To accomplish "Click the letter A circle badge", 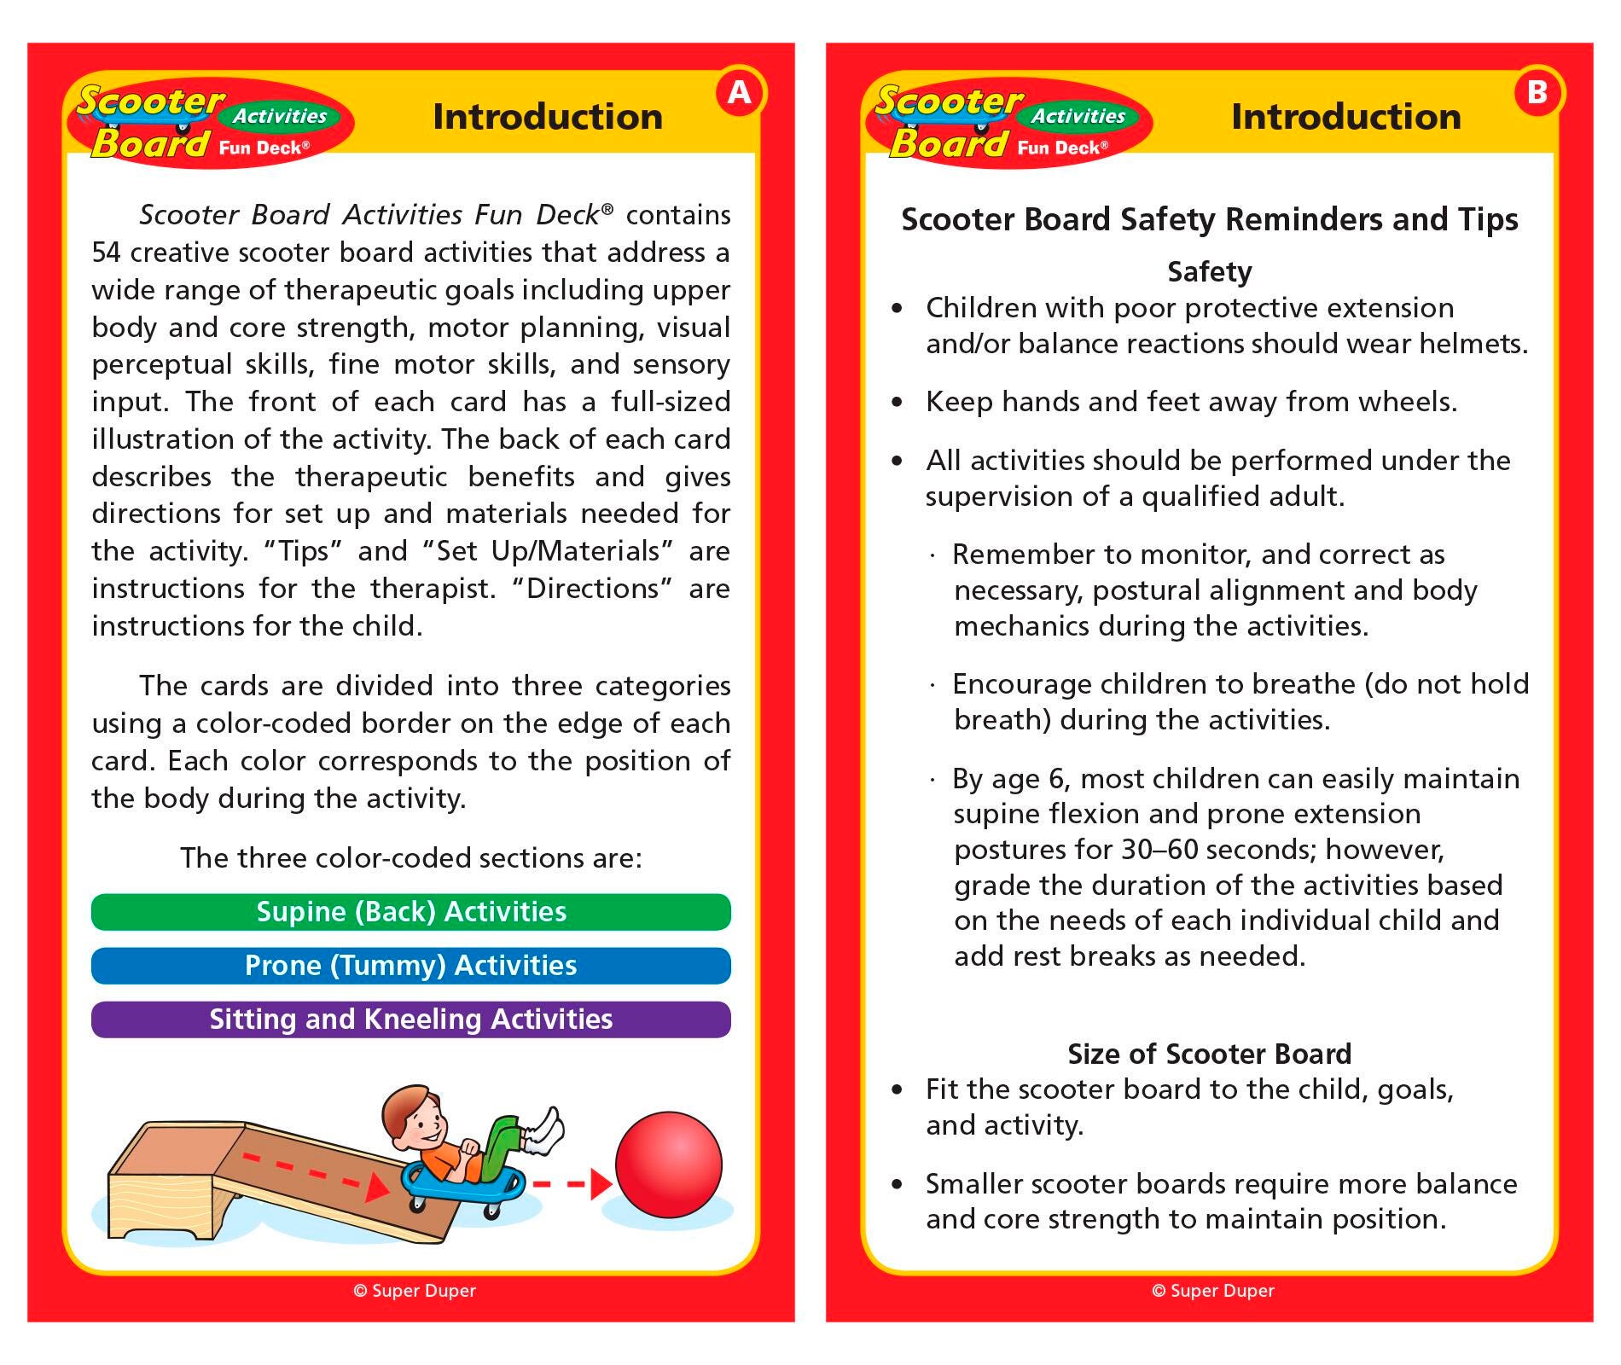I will click(x=739, y=92).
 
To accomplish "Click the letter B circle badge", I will click(x=1537, y=92).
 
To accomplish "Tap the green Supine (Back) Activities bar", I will click(x=410, y=912).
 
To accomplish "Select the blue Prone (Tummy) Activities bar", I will click(x=410, y=966).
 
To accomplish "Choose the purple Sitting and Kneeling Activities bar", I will click(x=410, y=1019).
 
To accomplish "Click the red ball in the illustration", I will click(x=668, y=1165).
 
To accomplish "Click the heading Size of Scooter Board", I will click(x=1209, y=1054).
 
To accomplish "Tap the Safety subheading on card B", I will click(x=1209, y=272).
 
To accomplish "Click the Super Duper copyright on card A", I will click(x=415, y=1291).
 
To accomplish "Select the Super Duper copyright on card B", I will click(x=1212, y=1291).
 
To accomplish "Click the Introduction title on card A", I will click(x=547, y=117).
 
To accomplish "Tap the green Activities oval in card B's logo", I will click(x=1078, y=116).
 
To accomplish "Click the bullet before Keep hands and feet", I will click(x=896, y=402).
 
